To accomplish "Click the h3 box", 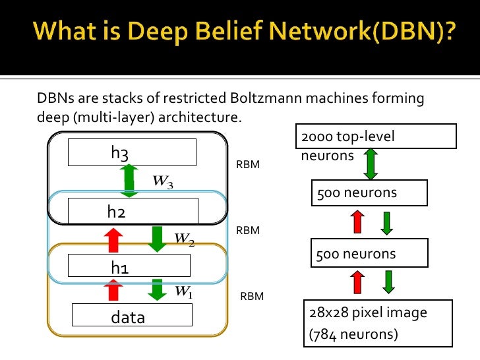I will click(x=133, y=152).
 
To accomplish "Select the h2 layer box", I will click(x=133, y=211).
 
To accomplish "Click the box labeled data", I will click(x=132, y=315).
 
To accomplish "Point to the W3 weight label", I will click(x=163, y=181).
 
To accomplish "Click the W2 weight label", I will click(x=184, y=238).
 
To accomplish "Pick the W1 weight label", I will click(x=183, y=291).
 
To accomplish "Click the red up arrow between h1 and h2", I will click(x=113, y=239).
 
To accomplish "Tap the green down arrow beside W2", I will click(x=157, y=239).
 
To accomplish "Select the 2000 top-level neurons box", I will click(x=376, y=137).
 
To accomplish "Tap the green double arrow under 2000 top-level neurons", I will click(x=371, y=165).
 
